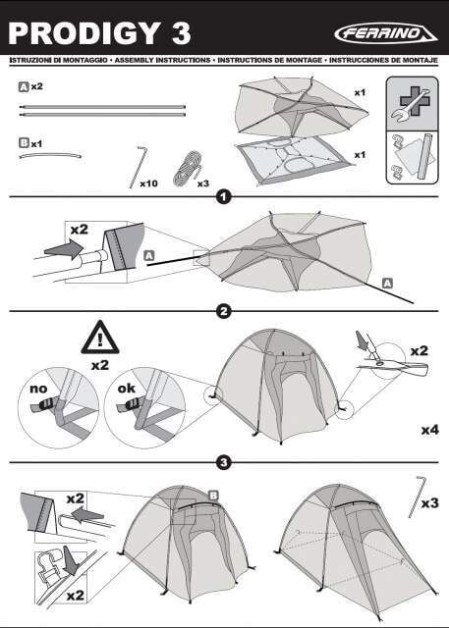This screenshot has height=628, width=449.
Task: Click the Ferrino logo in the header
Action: (x=386, y=33)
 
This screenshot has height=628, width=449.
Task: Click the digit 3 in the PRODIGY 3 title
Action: (x=181, y=33)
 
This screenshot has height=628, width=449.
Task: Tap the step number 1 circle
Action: (x=224, y=197)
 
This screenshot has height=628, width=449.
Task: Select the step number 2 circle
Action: (x=224, y=311)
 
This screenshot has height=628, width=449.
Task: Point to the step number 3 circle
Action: (x=224, y=463)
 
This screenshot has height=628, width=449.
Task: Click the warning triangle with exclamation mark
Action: (x=100, y=338)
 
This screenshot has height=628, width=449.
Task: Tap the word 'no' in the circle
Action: (x=38, y=389)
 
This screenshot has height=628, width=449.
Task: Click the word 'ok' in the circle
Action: (x=126, y=389)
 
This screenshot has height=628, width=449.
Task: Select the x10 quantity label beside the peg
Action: (x=148, y=183)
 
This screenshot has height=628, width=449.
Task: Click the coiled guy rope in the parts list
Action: (x=187, y=169)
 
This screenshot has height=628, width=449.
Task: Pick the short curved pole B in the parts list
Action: (x=51, y=155)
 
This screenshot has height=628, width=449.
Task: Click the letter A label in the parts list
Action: (x=24, y=86)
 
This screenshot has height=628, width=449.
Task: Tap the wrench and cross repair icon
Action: (x=412, y=103)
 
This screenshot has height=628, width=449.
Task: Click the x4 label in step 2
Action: (x=429, y=430)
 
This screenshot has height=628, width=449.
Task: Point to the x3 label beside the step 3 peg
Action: (x=430, y=502)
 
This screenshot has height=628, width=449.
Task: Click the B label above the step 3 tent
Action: (x=213, y=496)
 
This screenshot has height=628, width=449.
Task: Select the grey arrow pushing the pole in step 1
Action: (x=63, y=249)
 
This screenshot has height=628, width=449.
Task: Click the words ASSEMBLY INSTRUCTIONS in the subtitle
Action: (x=162, y=60)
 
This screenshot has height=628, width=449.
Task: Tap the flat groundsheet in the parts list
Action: (x=296, y=160)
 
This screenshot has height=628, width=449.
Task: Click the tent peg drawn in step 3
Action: (x=417, y=497)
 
